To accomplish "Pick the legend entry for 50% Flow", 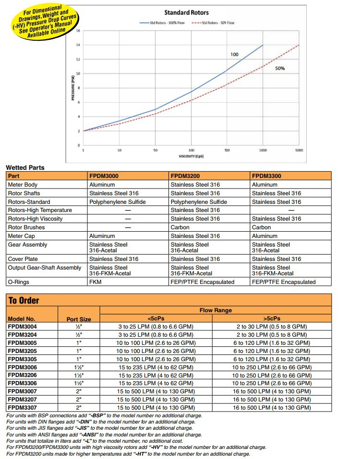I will point(215,23).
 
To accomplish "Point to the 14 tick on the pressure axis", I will point(78,45).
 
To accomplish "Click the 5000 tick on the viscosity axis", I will point(299,150).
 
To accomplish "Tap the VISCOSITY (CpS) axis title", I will point(191,157).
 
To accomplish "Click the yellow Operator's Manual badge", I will point(44,23).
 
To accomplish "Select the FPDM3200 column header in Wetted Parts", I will point(185,176).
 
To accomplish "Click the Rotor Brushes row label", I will point(26,227).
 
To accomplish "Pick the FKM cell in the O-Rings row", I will point(96,282).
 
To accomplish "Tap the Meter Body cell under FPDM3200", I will point(195,185).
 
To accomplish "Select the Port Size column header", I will point(79,319).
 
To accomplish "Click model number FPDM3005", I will point(22,343).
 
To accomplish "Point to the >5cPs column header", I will point(272,318).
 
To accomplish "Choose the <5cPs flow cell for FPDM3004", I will point(156,327).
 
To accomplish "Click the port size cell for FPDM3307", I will point(79,408).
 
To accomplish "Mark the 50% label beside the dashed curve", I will point(280,69).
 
